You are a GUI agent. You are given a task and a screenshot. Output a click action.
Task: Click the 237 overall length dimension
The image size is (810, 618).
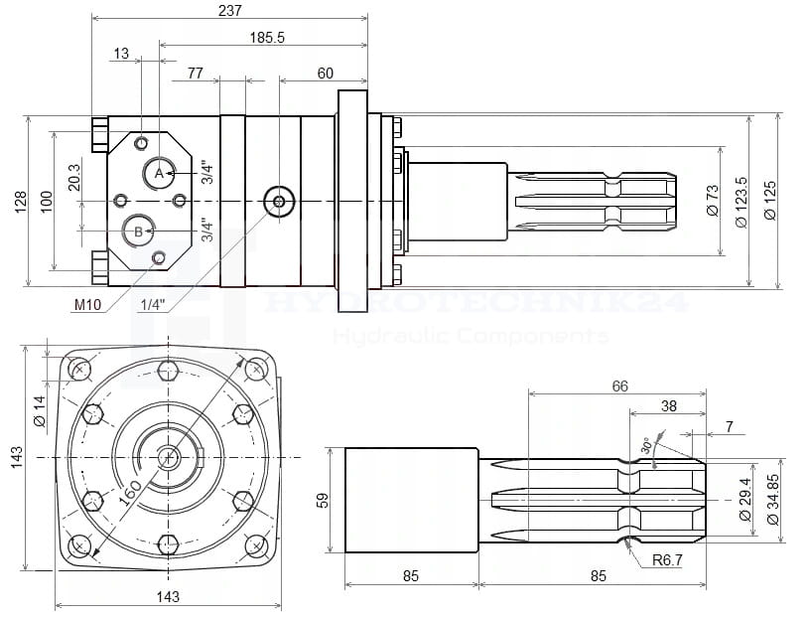coord(230,9)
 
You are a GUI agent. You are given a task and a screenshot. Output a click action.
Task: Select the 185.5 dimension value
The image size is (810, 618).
coord(268,37)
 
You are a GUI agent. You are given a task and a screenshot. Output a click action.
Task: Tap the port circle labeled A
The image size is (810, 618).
coord(159,173)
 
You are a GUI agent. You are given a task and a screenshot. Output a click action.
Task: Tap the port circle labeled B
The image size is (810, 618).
coord(138,232)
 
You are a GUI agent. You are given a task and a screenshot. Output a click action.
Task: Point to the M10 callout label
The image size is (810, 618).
coord(86,304)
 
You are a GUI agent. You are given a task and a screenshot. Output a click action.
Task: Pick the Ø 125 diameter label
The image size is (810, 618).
coord(770,201)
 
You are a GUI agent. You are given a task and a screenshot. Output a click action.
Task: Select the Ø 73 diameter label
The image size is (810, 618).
coord(712,201)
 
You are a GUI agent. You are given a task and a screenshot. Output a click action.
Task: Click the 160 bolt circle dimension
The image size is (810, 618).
coord(129,491)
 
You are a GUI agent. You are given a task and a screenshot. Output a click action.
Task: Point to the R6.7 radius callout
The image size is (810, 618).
coord(667,560)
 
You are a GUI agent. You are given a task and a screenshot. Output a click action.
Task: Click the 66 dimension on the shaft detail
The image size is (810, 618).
coord(619,386)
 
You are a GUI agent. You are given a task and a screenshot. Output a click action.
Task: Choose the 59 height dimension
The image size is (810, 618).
coord(321,500)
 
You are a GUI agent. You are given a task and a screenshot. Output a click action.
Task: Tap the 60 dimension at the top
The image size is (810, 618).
coord(326,74)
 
